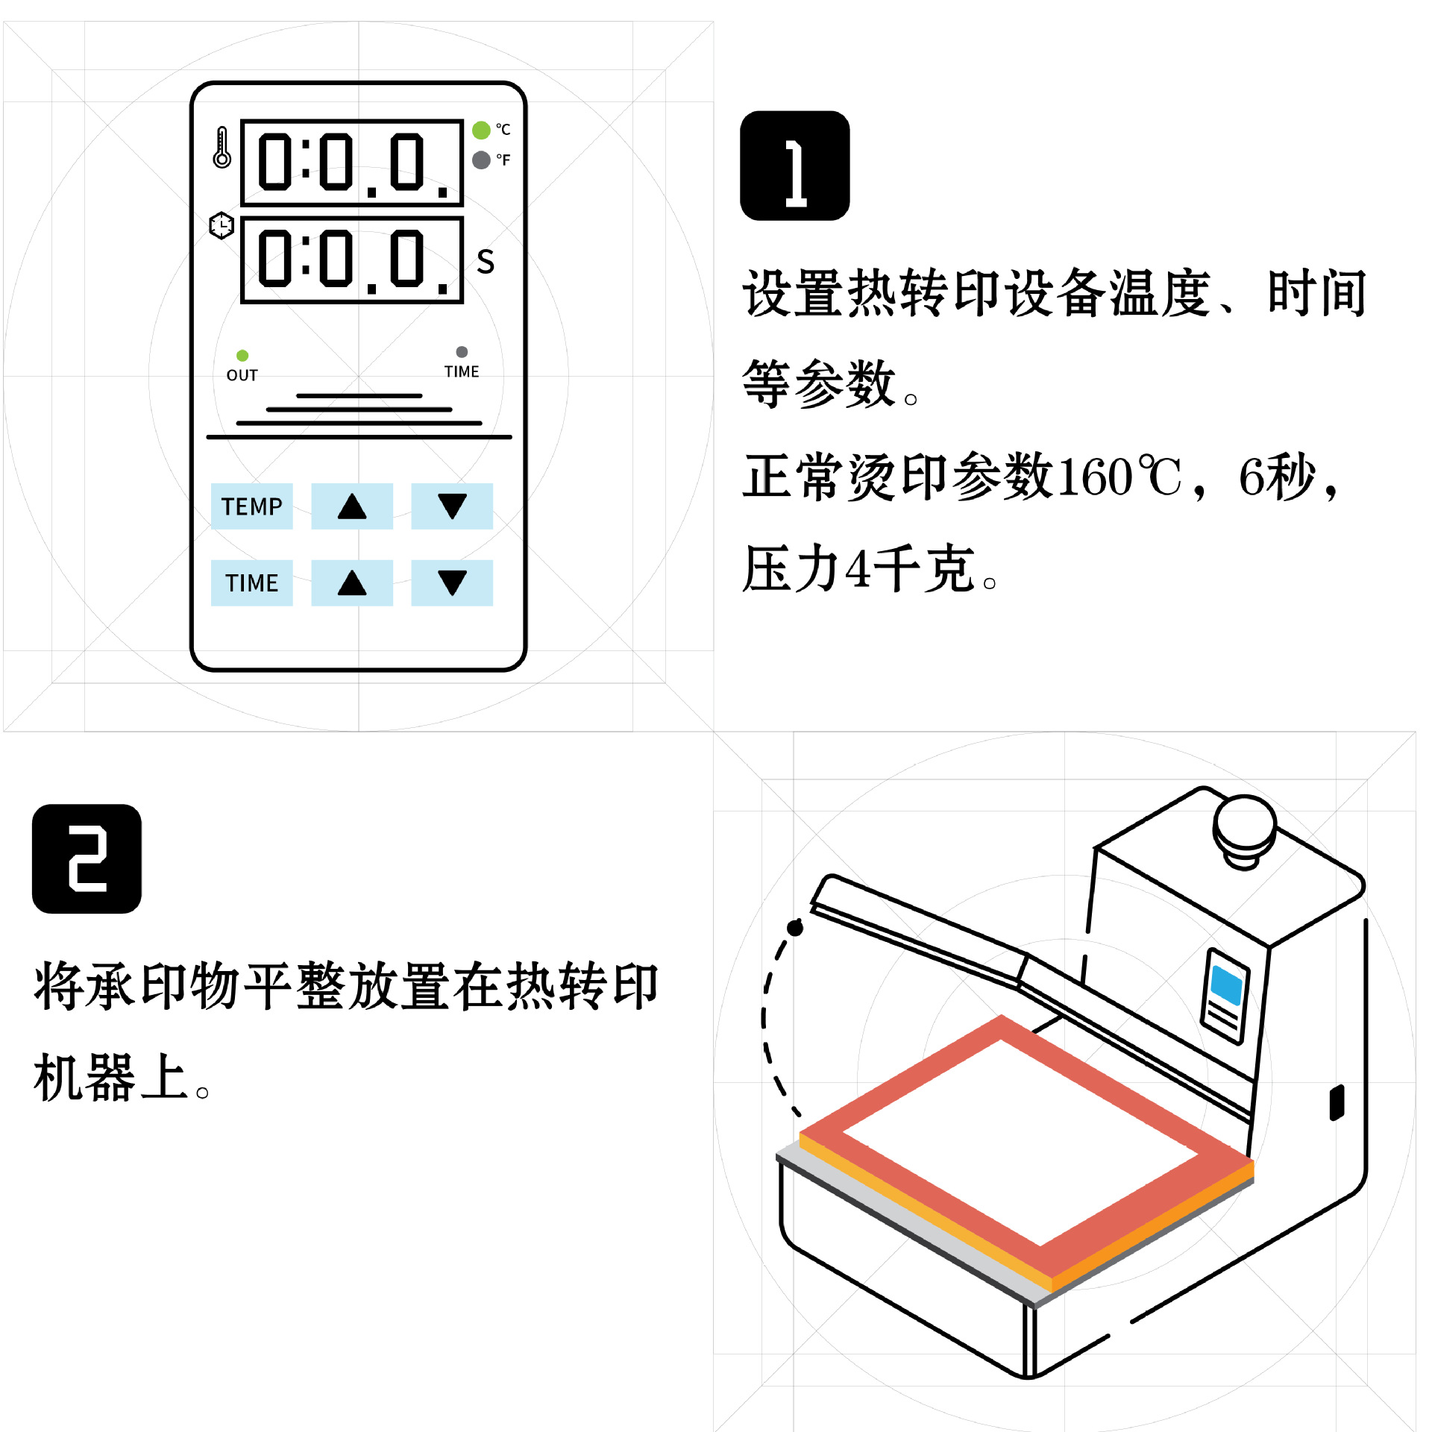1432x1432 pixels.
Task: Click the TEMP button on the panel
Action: pos(251,506)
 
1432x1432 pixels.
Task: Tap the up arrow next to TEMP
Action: pos(351,506)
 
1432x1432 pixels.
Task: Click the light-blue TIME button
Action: pos(251,582)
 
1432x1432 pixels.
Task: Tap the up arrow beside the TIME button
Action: pos(351,582)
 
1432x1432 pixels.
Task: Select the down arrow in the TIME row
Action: pos(452,582)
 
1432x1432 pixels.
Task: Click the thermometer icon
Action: pos(222,147)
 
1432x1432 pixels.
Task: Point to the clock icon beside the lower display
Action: pos(222,225)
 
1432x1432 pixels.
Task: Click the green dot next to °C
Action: pos(481,131)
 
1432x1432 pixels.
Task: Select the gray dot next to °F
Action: pos(481,160)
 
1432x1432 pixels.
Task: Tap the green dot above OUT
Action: pos(242,355)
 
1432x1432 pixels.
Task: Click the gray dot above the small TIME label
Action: pos(462,351)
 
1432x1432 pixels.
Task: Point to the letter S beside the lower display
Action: pos(486,262)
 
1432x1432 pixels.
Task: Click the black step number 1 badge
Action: pos(794,166)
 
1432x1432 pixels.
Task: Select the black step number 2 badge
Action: pos(87,858)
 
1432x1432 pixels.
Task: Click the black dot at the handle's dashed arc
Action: pos(795,928)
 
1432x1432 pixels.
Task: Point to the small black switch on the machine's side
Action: pos(1337,1102)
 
